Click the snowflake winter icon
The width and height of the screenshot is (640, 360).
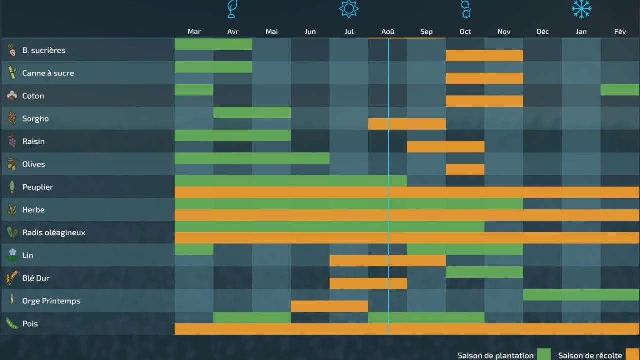tap(581, 9)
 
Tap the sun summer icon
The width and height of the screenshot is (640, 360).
tap(349, 9)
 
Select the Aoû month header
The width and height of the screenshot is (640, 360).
tap(388, 32)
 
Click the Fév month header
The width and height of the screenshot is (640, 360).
tap(620, 32)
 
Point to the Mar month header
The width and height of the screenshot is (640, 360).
tap(194, 32)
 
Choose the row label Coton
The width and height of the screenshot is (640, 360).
tap(33, 96)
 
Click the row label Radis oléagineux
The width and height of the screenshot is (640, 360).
tap(54, 233)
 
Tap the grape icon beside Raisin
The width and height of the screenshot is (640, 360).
tap(12, 141)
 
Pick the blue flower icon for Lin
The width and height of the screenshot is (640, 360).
tap(12, 255)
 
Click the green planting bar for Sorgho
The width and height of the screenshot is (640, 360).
tap(252, 113)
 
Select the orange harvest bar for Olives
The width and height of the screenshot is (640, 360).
tap(465, 170)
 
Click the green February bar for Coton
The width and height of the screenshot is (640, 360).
tap(620, 90)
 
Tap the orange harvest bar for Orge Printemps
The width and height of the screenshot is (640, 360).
tap(329, 306)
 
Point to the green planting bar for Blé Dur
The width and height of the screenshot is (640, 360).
tap(484, 272)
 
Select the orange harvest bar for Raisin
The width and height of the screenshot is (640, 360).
tap(445, 147)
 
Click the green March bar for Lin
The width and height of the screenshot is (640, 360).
tap(194, 249)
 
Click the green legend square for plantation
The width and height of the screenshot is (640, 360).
tap(544, 355)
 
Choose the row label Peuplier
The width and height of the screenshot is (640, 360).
tap(38, 187)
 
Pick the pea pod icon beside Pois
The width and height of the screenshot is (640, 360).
tap(12, 323)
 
